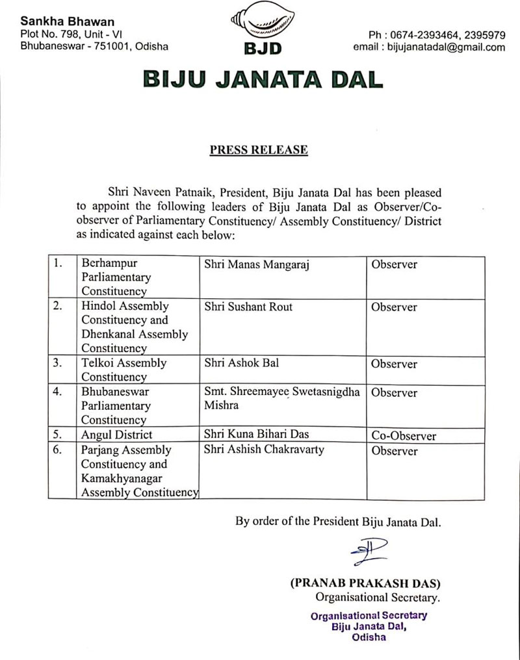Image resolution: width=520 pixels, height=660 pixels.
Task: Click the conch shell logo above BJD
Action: pyautogui.click(x=261, y=21)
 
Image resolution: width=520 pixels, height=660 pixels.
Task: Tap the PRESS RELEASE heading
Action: pyautogui.click(x=259, y=150)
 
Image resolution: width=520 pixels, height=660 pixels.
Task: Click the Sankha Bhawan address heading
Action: pyautogui.click(x=58, y=21)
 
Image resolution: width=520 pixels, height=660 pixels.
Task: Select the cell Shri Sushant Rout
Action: pyautogui.click(x=248, y=307)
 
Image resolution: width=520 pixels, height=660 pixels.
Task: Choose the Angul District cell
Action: pyautogui.click(x=117, y=435)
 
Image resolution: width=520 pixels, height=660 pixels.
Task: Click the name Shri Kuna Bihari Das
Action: pyautogui.click(x=256, y=435)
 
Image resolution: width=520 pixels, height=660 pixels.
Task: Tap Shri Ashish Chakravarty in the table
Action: pyautogui.click(x=264, y=450)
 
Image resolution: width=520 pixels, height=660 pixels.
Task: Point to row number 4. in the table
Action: pyautogui.click(x=58, y=392)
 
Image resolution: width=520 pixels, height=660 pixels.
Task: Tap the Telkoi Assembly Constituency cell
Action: pyautogui.click(x=123, y=370)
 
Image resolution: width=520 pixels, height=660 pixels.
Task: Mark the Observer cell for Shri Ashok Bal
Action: pyautogui.click(x=394, y=364)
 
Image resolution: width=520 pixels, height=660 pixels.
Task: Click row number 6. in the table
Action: pyautogui.click(x=58, y=450)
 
